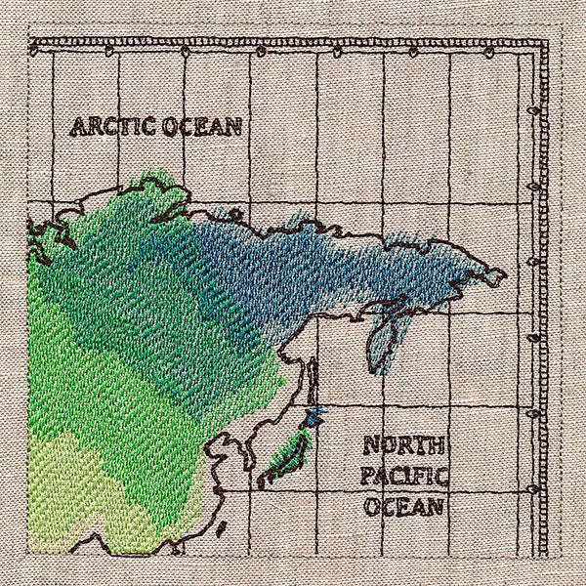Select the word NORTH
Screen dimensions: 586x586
(404, 447)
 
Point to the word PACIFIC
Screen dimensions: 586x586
(403, 478)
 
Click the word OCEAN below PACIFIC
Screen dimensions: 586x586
(404, 507)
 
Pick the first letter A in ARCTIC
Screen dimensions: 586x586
(75, 128)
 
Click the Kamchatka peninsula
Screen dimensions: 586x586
(384, 332)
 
